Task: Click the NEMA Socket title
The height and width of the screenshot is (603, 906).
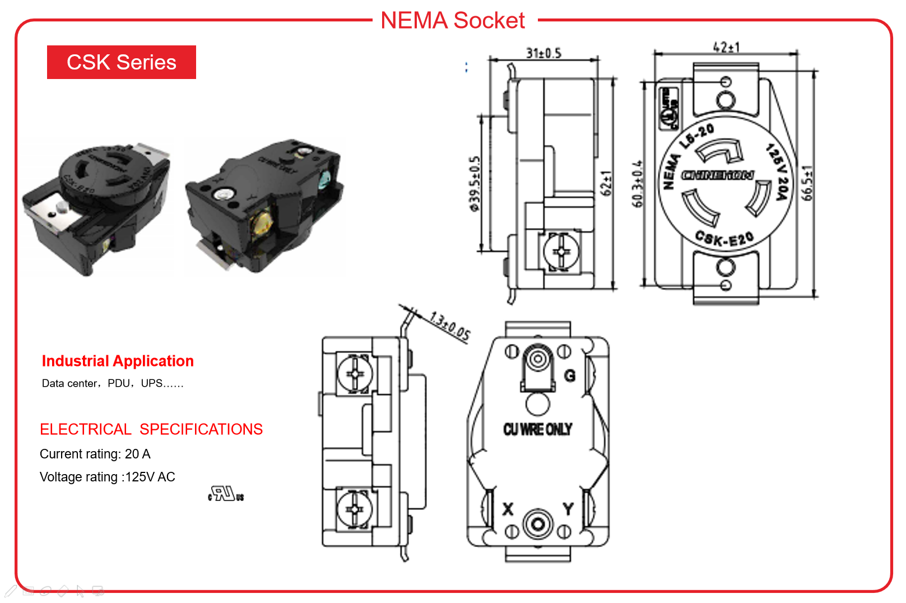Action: click(453, 21)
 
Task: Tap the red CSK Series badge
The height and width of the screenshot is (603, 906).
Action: click(122, 62)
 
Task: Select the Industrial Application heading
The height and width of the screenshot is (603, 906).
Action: click(118, 361)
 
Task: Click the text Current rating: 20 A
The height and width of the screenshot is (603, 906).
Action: click(95, 454)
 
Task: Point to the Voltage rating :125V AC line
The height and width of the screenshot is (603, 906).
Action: click(108, 477)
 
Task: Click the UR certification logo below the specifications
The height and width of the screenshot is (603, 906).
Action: click(226, 494)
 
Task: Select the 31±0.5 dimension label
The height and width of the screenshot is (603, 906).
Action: click(543, 53)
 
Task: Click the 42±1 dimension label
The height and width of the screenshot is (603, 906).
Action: click(726, 47)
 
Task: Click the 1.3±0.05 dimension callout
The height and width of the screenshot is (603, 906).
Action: click(450, 326)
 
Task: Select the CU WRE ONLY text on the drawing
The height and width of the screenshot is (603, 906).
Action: click(537, 429)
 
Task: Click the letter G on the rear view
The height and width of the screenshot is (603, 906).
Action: click(570, 375)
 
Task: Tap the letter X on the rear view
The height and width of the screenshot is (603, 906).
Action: click(508, 509)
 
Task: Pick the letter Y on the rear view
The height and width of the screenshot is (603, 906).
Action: click(568, 509)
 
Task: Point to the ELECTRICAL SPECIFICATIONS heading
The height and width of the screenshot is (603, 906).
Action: click(151, 429)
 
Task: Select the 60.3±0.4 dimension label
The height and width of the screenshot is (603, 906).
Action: click(638, 184)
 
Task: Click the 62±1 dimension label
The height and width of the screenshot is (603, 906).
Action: click(606, 183)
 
